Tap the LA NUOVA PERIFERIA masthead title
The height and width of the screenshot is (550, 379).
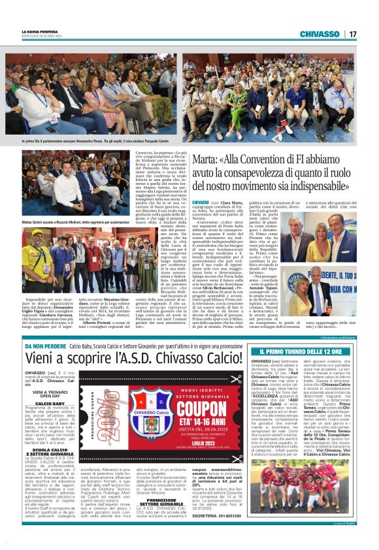41,31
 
